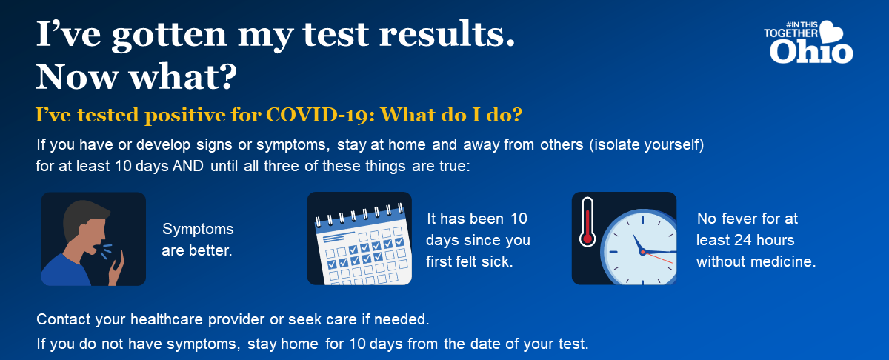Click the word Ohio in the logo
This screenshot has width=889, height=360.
811,53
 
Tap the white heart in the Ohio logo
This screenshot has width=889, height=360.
831,32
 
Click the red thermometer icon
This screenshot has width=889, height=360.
587,222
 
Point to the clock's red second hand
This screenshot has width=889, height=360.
658,258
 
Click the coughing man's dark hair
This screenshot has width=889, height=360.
82,217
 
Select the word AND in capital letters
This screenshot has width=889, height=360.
188,166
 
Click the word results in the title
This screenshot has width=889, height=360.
447,35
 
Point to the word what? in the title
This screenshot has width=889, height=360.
184,76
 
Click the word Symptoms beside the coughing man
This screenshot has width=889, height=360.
198,230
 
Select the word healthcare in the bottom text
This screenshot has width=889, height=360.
167,319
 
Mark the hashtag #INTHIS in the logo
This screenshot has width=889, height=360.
802,24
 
